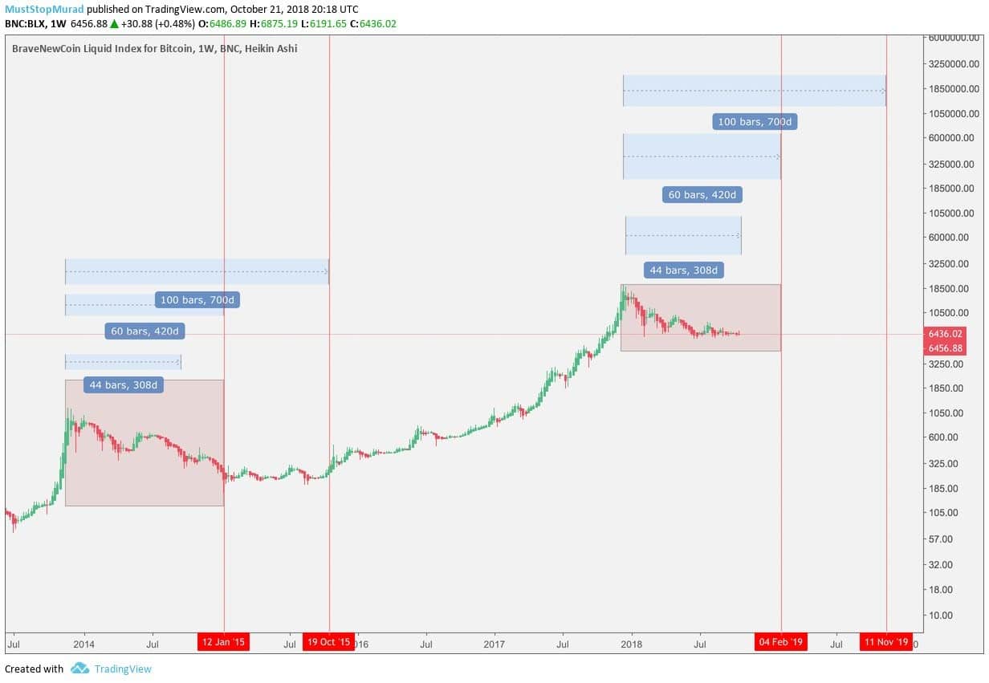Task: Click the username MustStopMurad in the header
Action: click(x=43, y=9)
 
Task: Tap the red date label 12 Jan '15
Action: click(x=224, y=642)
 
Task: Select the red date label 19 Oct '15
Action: click(x=328, y=642)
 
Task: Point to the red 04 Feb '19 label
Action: click(x=780, y=642)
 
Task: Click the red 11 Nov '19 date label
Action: click(x=885, y=642)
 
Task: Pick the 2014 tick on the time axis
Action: click(x=83, y=644)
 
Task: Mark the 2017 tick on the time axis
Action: click(x=494, y=644)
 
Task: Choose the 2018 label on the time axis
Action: click(x=632, y=644)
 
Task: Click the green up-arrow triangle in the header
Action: click(x=114, y=24)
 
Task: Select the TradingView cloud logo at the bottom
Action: click(x=79, y=669)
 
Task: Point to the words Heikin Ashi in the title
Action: click(x=274, y=49)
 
